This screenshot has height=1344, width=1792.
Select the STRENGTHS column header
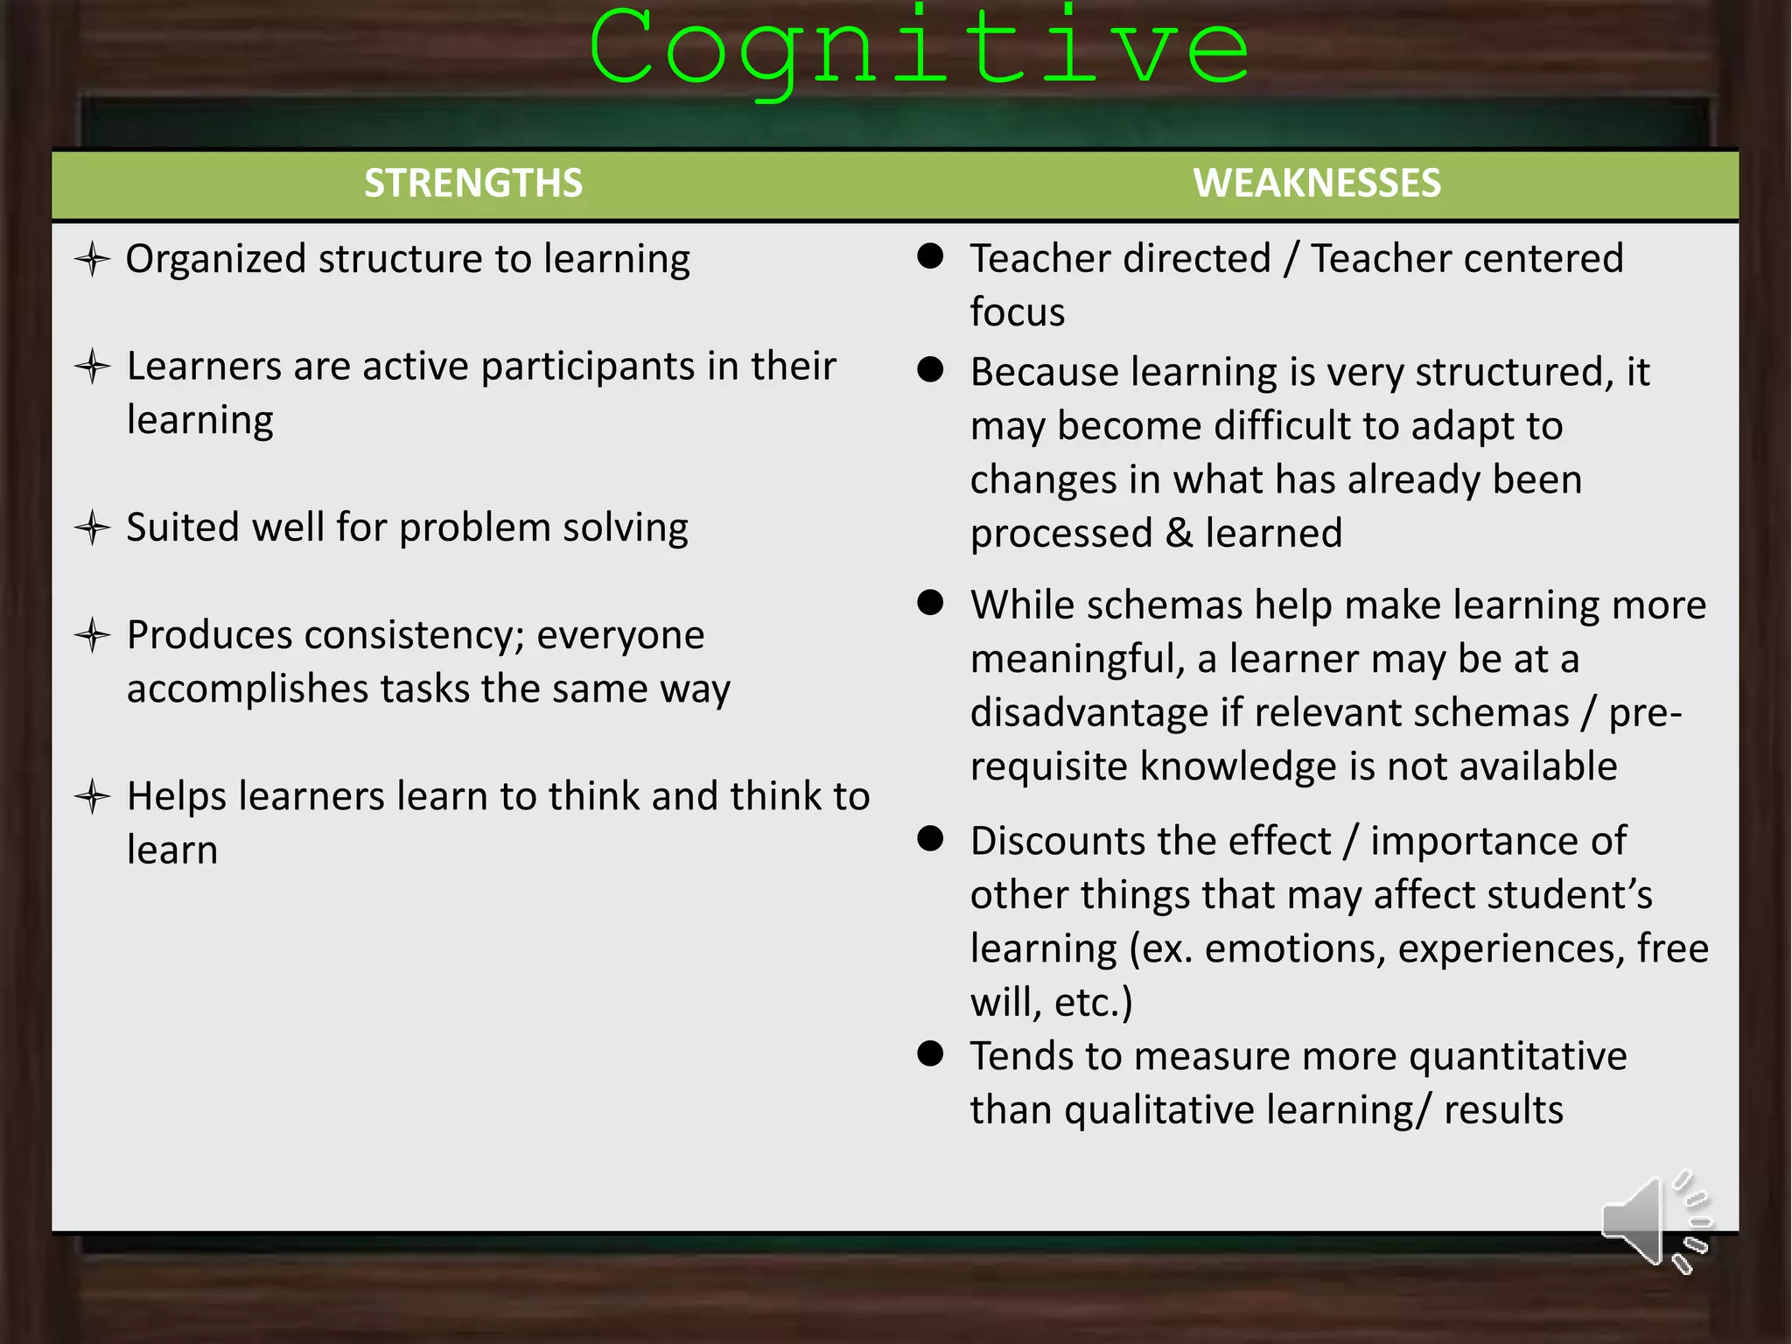click(x=473, y=184)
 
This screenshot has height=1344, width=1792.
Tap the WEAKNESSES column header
click(x=1317, y=184)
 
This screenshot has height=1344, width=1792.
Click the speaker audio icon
click(x=1654, y=1221)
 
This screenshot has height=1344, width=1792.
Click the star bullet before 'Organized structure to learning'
click(x=92, y=260)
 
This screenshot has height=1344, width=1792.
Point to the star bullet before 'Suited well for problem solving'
click(x=92, y=528)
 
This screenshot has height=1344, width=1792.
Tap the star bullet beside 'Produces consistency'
click(x=92, y=635)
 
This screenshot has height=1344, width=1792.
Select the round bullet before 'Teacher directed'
click(x=930, y=256)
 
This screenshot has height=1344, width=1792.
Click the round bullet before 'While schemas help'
click(x=930, y=603)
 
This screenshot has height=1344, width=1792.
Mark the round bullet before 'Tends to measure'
click(x=930, y=1053)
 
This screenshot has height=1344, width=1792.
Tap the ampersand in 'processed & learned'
click(x=1179, y=534)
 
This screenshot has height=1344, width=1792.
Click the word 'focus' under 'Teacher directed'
click(x=1018, y=312)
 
